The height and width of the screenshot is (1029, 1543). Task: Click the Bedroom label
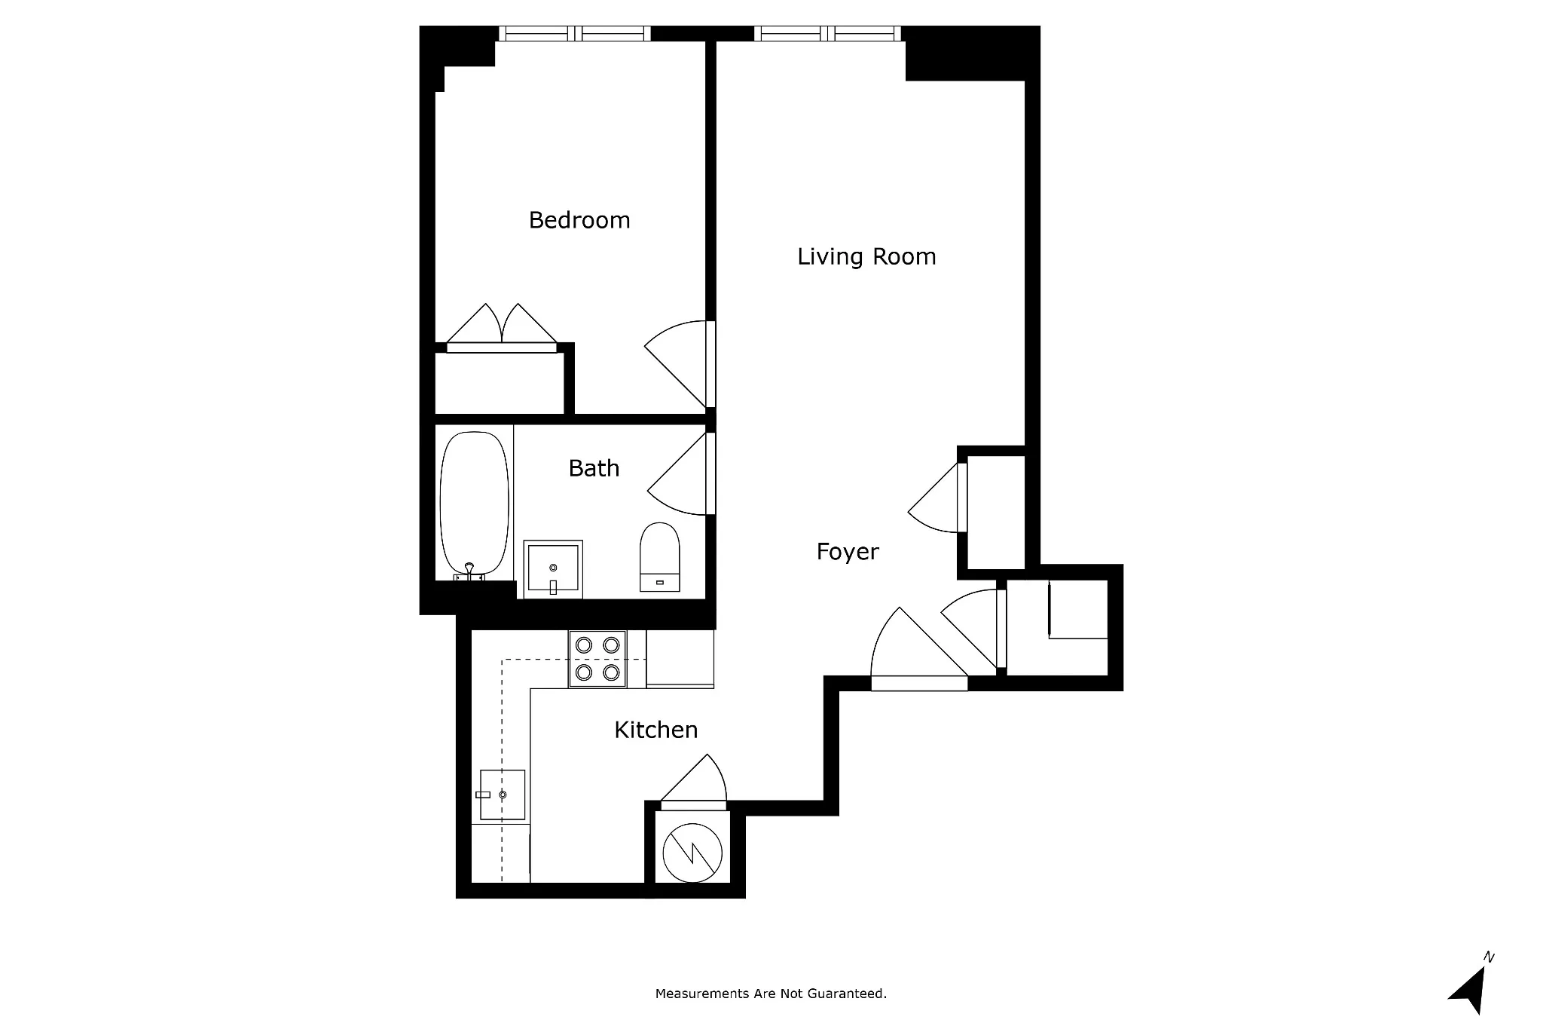point(579,220)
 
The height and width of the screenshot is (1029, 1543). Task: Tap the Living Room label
point(866,256)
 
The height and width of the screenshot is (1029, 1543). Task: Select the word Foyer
point(847,552)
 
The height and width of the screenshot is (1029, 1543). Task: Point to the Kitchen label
point(655,730)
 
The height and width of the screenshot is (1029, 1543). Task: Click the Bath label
point(594,468)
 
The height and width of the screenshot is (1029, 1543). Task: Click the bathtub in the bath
point(474,504)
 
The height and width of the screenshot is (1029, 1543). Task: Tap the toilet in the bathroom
point(659,558)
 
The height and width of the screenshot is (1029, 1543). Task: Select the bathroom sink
point(553,568)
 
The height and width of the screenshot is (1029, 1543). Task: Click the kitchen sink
point(503,795)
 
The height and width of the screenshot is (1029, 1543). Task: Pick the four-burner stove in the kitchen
point(597,658)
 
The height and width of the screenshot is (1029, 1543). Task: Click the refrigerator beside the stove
point(680,658)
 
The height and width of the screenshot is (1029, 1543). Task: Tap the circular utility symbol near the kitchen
point(692,853)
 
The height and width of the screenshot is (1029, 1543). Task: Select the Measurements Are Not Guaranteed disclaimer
point(771,994)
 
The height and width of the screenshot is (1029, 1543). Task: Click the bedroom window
point(575,33)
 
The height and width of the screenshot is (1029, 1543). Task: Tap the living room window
point(827,33)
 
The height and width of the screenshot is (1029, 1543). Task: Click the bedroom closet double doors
point(502,328)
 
